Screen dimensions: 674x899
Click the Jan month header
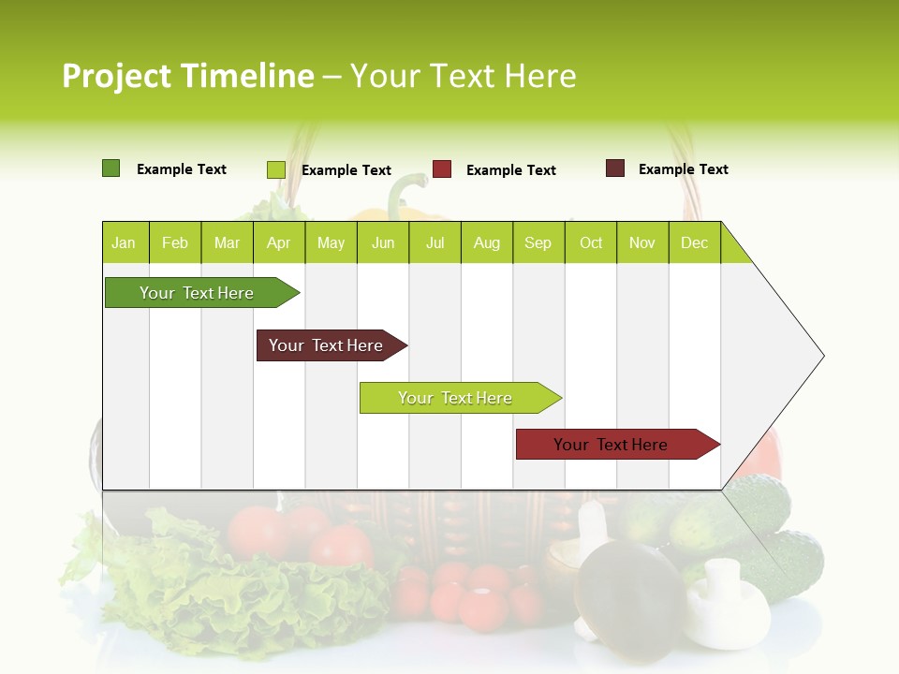pyautogui.click(x=124, y=243)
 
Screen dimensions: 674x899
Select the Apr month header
pyautogui.click(x=278, y=243)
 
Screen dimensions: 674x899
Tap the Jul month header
pyautogui.click(x=435, y=243)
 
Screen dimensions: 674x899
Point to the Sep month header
pyautogui.click(x=538, y=243)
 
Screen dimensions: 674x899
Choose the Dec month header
pyautogui.click(x=694, y=243)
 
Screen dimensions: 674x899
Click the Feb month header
pyautogui.click(x=175, y=243)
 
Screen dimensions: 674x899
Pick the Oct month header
pyautogui.click(x=591, y=243)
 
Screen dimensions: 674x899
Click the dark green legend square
pyautogui.click(x=111, y=168)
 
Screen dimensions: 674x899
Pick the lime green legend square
pyautogui.click(x=275, y=169)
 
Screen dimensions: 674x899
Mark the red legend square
pyautogui.click(x=442, y=169)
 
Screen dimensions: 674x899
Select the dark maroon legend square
pyautogui.click(x=614, y=168)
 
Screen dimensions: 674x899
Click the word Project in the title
pyautogui.click(x=117, y=76)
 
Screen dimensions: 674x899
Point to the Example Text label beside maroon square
pyautogui.click(x=683, y=169)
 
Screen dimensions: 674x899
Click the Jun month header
pyautogui.click(x=383, y=243)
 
